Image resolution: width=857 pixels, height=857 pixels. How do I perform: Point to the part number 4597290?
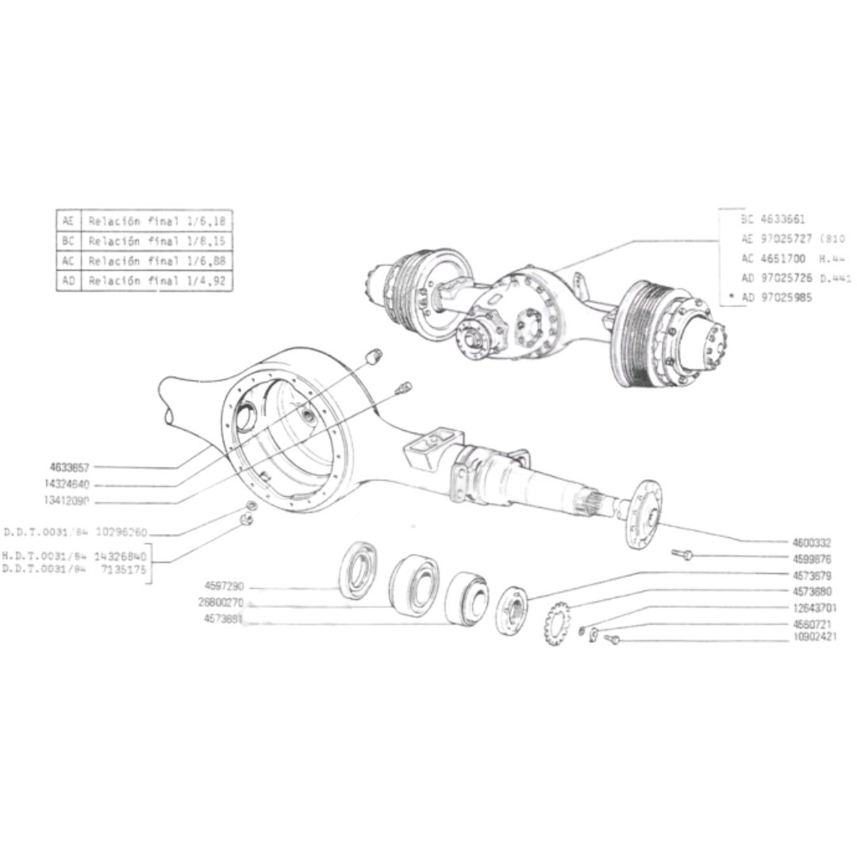coord(225,586)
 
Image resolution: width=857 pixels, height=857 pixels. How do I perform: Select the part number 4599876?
coord(812,559)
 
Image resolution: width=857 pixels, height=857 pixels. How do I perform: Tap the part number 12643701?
coord(812,608)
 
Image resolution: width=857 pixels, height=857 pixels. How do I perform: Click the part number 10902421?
coord(812,637)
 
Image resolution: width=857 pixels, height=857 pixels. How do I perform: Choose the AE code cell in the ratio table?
coord(67,221)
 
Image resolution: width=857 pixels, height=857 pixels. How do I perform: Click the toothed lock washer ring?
coord(558,623)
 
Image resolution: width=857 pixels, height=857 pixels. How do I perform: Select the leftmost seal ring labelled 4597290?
coord(361,568)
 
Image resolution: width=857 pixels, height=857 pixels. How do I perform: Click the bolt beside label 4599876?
coord(683,554)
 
